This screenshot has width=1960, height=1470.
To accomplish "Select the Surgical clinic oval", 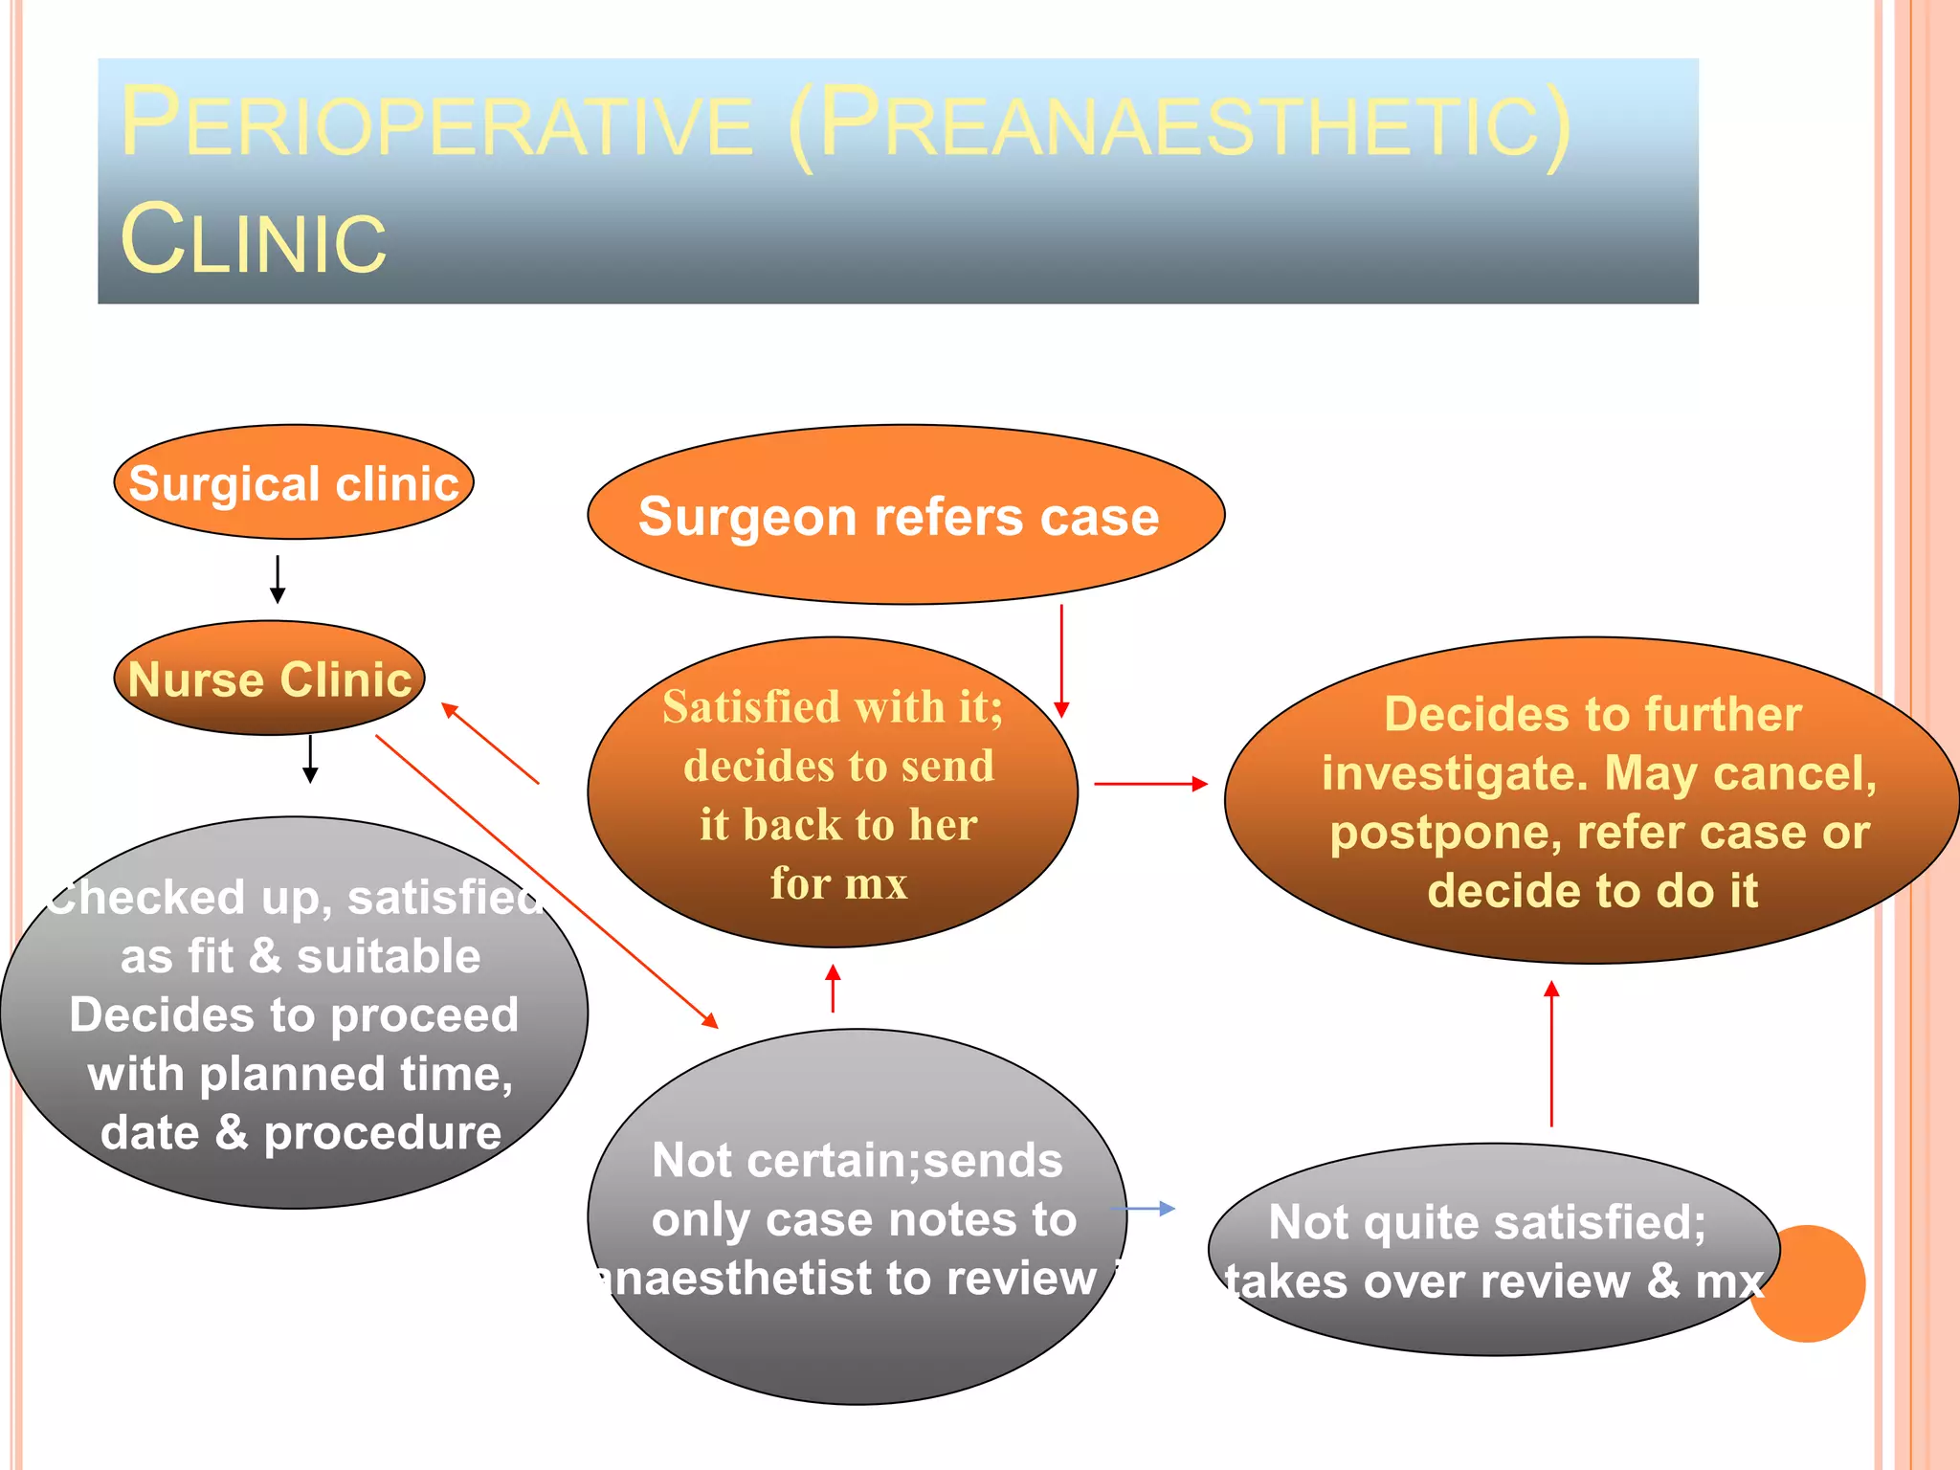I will tap(294, 482).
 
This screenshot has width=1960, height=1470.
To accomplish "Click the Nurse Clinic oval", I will tap(269, 679).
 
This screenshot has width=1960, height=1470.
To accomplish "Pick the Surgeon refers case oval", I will tap(904, 516).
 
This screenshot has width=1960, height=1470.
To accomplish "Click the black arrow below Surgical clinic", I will tap(278, 579).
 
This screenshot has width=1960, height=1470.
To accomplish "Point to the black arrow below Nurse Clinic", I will tap(310, 759).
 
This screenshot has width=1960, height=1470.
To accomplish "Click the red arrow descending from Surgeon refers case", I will tap(1061, 660).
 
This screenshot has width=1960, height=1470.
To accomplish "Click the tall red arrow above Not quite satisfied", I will tap(1551, 1053).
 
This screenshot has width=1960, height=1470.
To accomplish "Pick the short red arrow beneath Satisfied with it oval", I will tap(833, 988).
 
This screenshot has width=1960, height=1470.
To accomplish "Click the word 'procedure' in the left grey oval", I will tap(382, 1133).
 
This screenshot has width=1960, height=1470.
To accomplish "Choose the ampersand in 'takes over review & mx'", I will tap(1663, 1281).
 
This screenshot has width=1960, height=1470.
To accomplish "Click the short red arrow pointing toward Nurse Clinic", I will tap(490, 744).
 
